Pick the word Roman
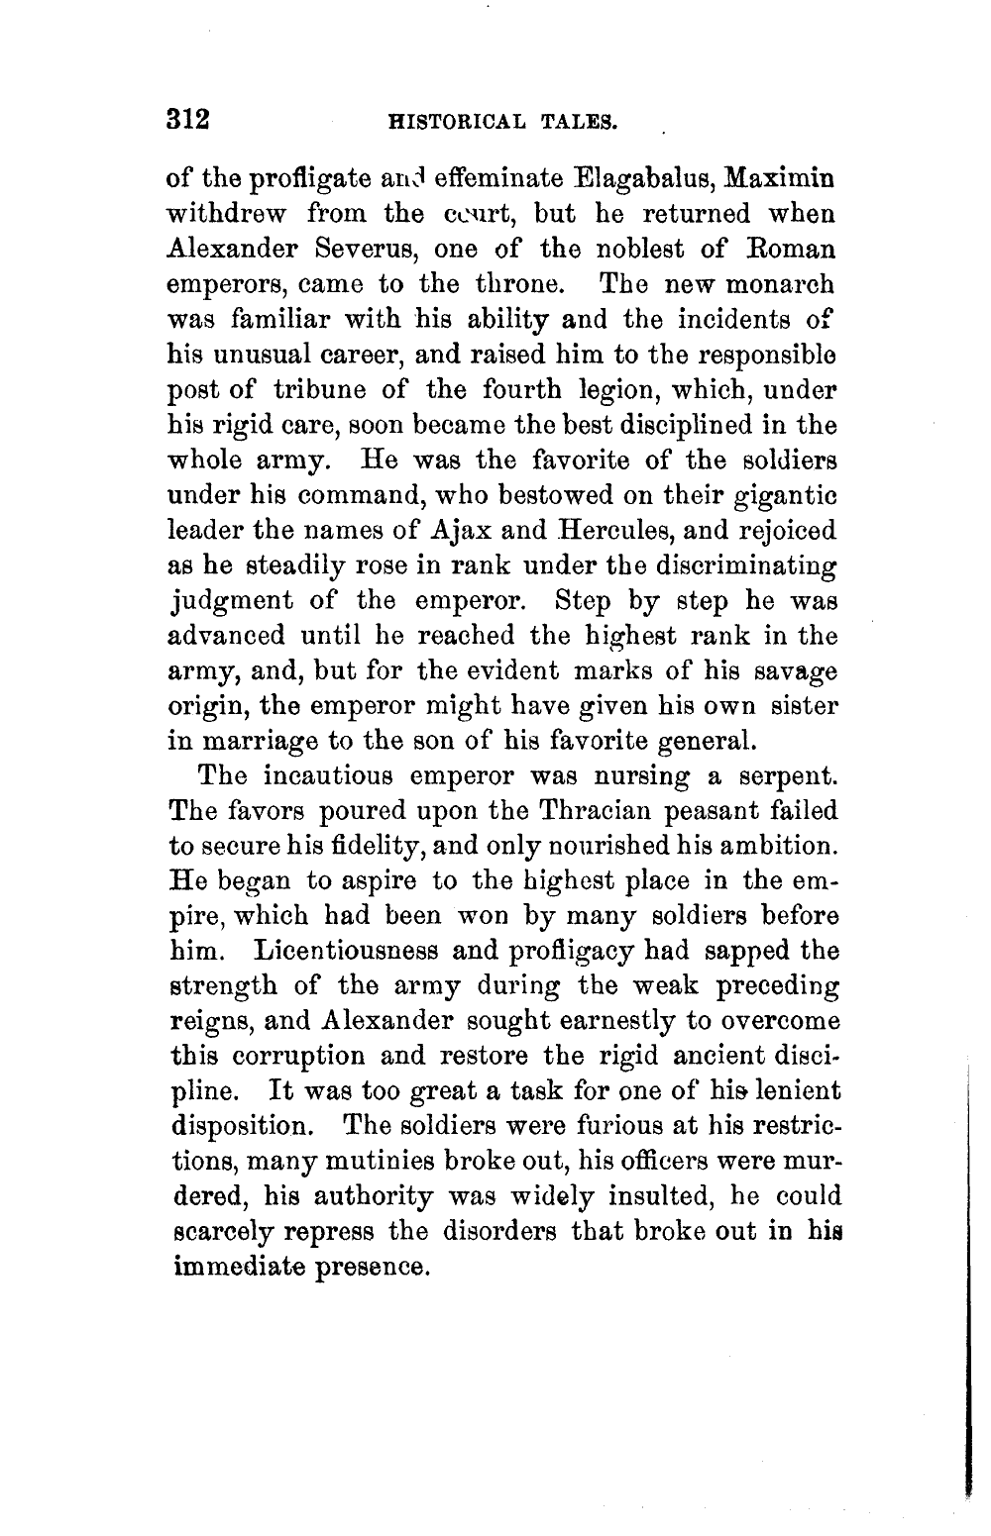[x=796, y=250]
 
